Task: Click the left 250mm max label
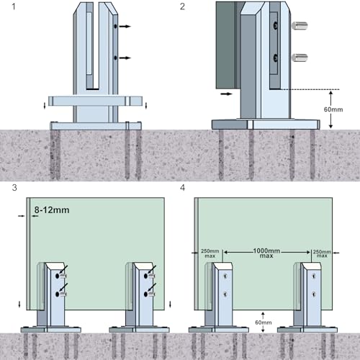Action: point(206,254)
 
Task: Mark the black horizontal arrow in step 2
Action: point(225,93)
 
